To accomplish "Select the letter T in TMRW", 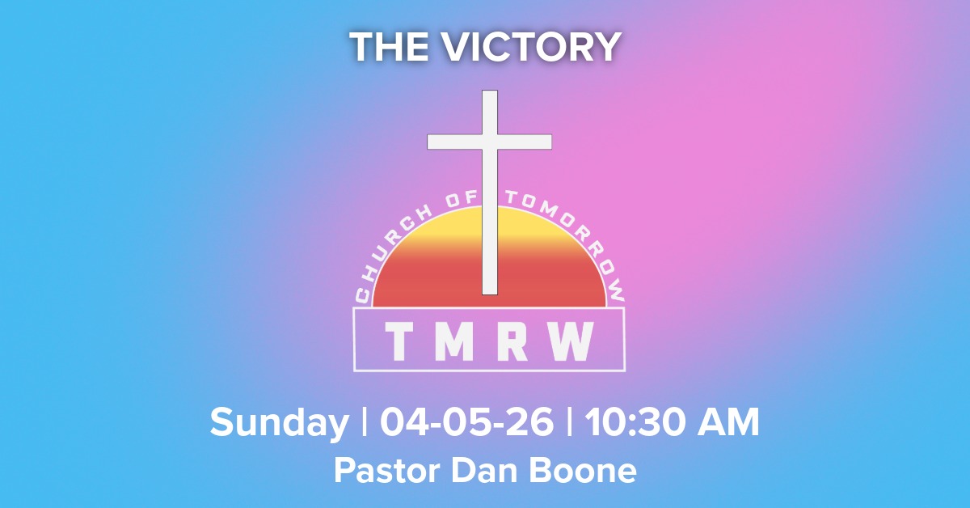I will [x=397, y=341].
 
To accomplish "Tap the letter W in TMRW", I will [x=575, y=341].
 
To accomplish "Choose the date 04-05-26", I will [x=467, y=422].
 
